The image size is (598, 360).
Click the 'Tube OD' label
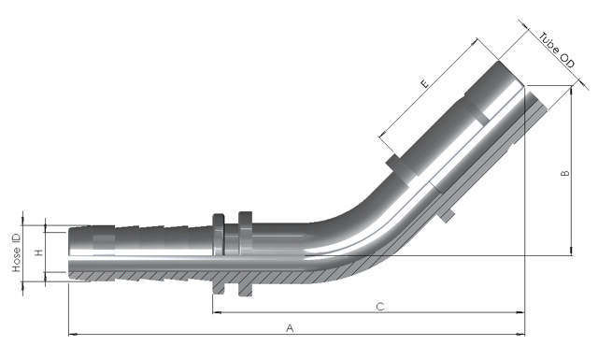(x=555, y=46)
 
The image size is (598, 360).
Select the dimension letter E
(x=425, y=84)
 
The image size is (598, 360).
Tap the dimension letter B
(x=562, y=175)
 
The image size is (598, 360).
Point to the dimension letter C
(x=379, y=307)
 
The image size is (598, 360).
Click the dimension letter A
(x=291, y=328)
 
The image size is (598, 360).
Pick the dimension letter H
(x=38, y=252)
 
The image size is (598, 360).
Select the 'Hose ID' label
(x=17, y=252)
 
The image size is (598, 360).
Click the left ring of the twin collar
(x=219, y=256)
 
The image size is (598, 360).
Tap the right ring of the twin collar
(x=246, y=254)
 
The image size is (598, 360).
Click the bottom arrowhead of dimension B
(x=571, y=250)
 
